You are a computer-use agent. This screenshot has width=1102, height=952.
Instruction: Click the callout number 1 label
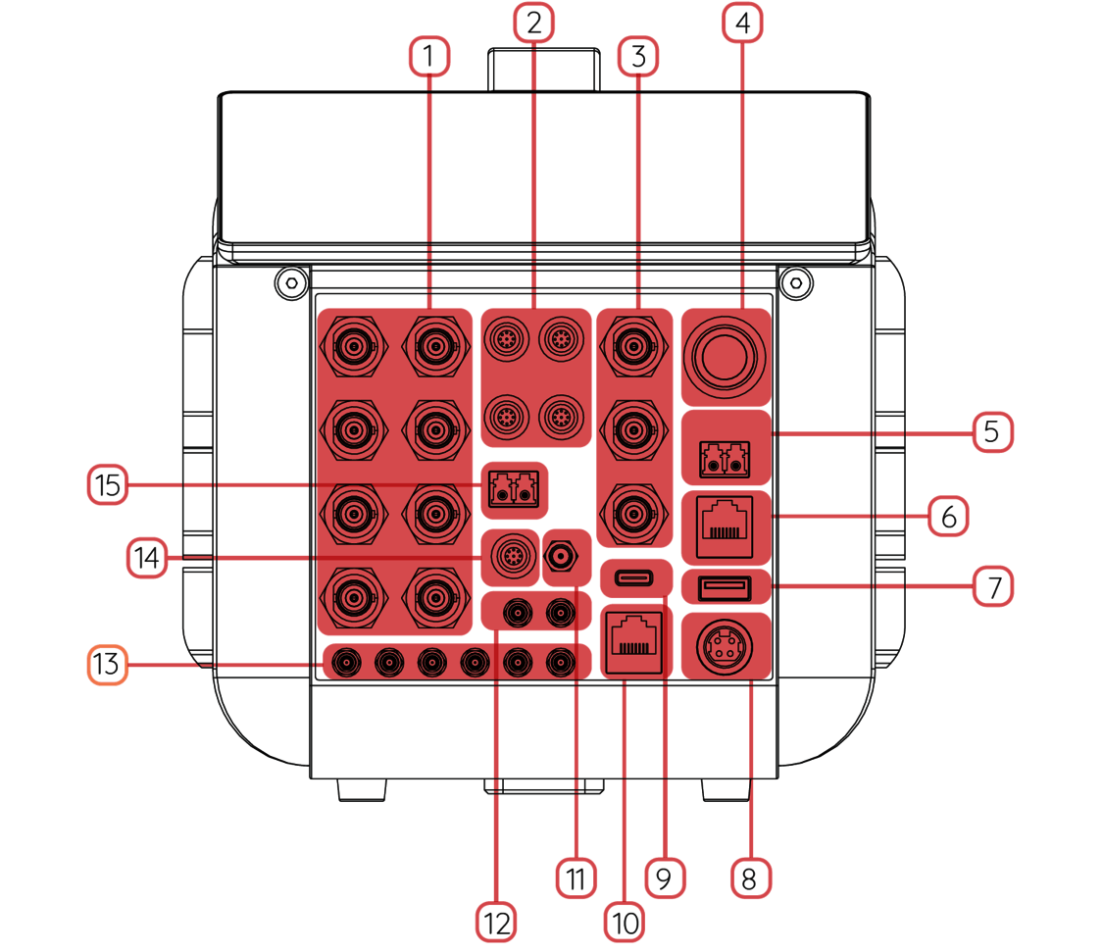[x=427, y=57]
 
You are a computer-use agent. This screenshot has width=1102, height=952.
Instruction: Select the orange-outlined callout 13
[x=108, y=665]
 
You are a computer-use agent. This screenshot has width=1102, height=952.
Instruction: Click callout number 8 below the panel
[x=750, y=877]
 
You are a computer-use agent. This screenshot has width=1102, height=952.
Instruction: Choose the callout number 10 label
[x=624, y=922]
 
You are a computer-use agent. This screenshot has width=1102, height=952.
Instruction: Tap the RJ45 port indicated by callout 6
[x=726, y=521]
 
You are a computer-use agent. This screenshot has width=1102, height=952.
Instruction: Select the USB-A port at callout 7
[x=726, y=587]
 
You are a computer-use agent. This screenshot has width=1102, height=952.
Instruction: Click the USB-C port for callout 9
[x=635, y=576]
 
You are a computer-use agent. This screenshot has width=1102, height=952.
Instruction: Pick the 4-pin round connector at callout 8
[x=726, y=646]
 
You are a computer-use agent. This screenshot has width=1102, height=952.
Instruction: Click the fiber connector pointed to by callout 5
[x=726, y=458]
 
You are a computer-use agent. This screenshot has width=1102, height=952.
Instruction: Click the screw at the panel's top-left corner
[x=288, y=283]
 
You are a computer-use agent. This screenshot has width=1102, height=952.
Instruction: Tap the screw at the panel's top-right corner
[x=796, y=283]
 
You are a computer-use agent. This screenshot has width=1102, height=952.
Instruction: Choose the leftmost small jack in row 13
[x=345, y=664]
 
